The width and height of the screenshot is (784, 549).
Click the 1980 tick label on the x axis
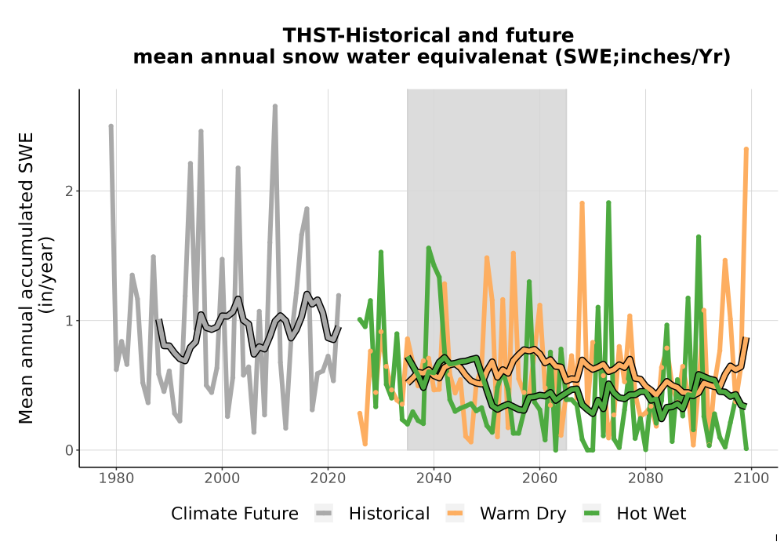[117, 478]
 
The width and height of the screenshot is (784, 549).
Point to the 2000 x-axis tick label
[223, 478]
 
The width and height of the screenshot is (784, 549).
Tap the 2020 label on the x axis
[328, 478]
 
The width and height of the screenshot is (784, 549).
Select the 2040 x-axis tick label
[434, 478]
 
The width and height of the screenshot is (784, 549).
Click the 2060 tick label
[539, 478]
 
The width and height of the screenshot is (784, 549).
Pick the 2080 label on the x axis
[645, 478]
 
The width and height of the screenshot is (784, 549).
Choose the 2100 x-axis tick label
[751, 478]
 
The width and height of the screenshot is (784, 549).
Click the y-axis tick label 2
[69, 191]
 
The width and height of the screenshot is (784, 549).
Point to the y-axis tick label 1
[69, 321]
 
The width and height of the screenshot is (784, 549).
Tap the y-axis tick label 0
[69, 450]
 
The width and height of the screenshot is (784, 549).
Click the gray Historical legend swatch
[324, 514]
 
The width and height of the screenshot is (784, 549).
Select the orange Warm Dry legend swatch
[455, 514]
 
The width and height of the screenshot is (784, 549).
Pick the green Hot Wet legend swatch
[592, 514]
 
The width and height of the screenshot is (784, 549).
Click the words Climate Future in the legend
[234, 514]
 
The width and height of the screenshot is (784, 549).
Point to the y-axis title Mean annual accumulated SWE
[26, 278]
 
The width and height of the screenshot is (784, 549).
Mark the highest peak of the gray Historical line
[275, 107]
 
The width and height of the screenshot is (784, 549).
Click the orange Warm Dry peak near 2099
[746, 149]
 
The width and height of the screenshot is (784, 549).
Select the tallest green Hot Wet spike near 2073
[608, 203]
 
